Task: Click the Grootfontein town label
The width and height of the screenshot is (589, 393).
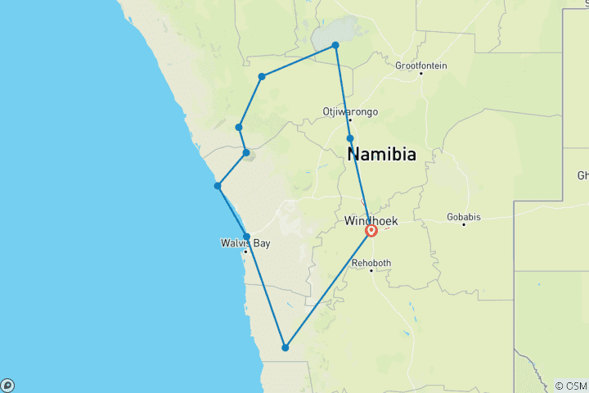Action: [420, 65]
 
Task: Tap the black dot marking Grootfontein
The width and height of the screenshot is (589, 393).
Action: [421, 74]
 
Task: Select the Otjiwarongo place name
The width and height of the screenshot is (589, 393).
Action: [350, 111]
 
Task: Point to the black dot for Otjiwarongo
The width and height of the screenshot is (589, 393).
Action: [350, 120]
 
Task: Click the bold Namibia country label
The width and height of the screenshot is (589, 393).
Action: [381, 154]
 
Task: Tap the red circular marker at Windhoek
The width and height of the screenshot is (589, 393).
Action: [371, 232]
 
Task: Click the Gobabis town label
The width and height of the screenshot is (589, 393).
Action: [464, 218]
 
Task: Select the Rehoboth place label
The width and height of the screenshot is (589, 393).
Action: [371, 263]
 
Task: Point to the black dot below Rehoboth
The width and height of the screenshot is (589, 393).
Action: [371, 270]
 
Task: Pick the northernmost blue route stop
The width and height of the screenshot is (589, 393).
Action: [335, 46]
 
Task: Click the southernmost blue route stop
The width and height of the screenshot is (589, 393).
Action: [286, 348]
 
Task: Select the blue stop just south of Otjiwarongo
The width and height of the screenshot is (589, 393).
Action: [350, 138]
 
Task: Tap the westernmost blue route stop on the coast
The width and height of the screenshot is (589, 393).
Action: [218, 186]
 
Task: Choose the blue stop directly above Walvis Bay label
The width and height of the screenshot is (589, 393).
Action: [246, 237]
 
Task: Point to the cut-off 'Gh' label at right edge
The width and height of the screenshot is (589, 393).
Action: [582, 175]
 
